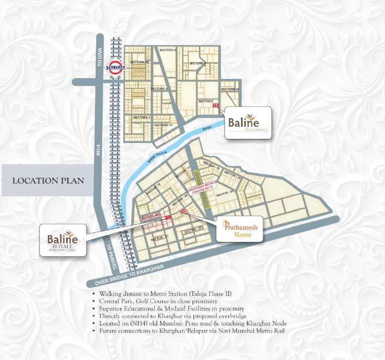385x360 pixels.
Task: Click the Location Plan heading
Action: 48,180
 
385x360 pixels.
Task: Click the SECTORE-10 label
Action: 139,62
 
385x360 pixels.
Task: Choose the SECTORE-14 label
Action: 163,125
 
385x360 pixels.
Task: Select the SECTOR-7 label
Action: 207,101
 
